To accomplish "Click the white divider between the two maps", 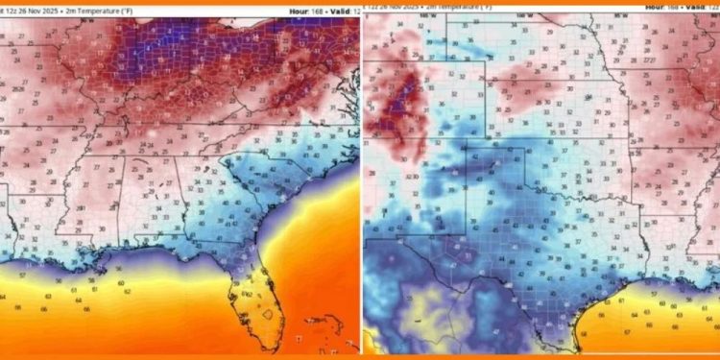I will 361,182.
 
